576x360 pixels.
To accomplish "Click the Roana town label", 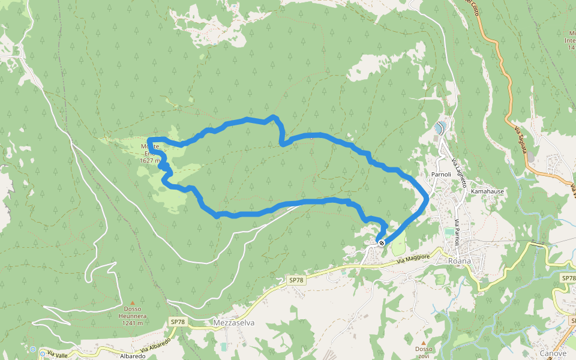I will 460,261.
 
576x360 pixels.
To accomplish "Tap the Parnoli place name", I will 440,175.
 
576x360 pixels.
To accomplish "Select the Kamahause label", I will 487,191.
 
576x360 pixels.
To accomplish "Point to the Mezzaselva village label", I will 234,322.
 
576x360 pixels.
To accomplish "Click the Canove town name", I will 553,353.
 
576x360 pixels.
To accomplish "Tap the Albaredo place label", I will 133,356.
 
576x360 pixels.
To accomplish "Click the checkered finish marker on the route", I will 381,243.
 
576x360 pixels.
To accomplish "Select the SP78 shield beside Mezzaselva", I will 177,322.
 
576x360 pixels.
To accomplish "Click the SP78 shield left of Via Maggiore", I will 296,280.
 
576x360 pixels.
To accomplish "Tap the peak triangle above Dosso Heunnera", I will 132,303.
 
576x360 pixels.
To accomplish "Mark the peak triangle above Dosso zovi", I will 423,343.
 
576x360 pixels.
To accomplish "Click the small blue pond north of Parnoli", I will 440,128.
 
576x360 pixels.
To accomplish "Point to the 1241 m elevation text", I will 132,323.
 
